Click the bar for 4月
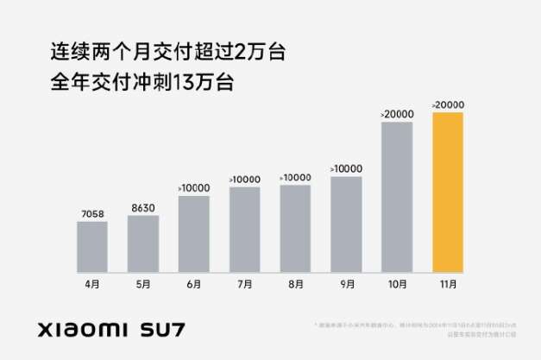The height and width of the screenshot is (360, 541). pyautogui.click(x=91, y=246)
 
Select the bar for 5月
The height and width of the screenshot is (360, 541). pyautogui.click(x=142, y=243)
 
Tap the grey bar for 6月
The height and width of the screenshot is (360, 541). pyautogui.click(x=193, y=233)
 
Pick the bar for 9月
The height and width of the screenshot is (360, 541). pyautogui.click(x=346, y=224)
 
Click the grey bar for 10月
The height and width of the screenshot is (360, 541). pyautogui.click(x=397, y=196)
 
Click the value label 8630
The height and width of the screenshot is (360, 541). pyautogui.click(x=142, y=207)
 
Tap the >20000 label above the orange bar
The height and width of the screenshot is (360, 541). pyautogui.click(x=447, y=105)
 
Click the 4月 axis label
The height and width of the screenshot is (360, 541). pyautogui.click(x=91, y=284)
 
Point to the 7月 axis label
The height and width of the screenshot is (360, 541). pyautogui.click(x=244, y=284)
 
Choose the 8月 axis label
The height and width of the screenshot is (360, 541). pyautogui.click(x=295, y=284)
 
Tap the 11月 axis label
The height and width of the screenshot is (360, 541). pyautogui.click(x=448, y=284)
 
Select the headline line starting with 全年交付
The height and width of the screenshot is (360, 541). pyautogui.click(x=142, y=85)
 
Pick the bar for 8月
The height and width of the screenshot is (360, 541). pyautogui.click(x=295, y=228)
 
